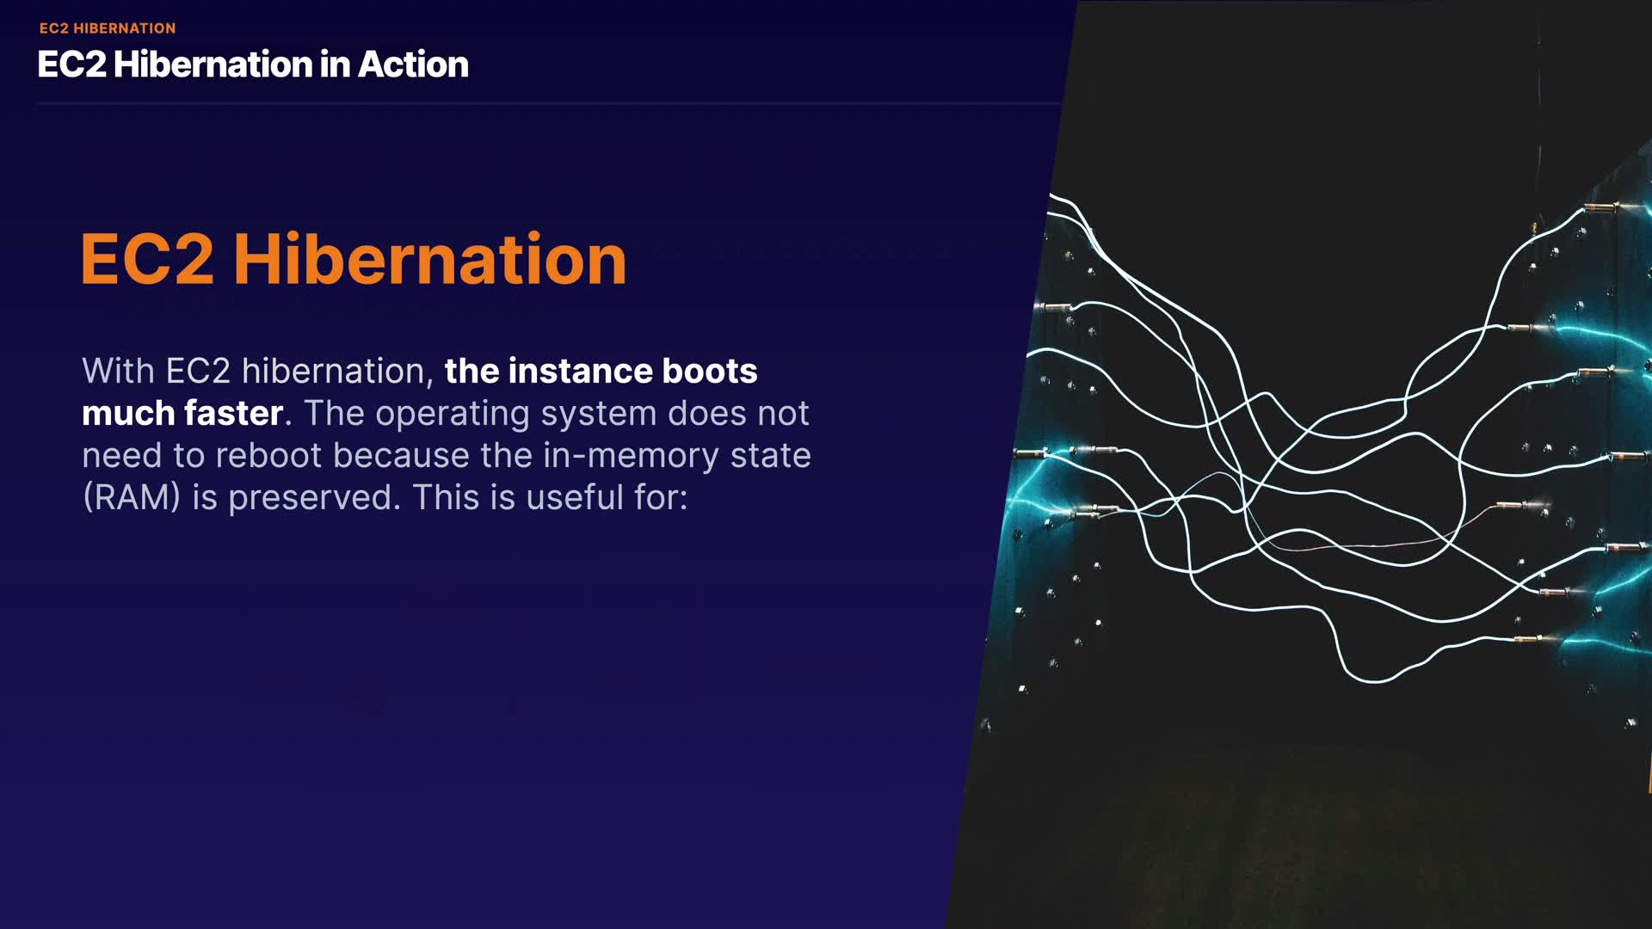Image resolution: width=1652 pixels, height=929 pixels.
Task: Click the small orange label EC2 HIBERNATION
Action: click(108, 28)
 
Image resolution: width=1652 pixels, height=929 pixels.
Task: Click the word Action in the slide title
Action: click(413, 65)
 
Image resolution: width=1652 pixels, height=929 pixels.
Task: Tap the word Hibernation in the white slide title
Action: click(212, 65)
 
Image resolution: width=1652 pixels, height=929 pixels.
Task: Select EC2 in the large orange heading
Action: click(147, 259)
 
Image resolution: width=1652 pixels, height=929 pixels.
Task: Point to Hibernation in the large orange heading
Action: click(430, 259)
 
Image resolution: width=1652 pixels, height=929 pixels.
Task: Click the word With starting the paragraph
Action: click(119, 371)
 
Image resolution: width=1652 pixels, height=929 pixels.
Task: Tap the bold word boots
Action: click(710, 371)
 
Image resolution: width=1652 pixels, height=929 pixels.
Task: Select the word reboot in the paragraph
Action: click(268, 455)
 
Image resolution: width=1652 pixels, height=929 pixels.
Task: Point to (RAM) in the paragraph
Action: click(132, 498)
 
